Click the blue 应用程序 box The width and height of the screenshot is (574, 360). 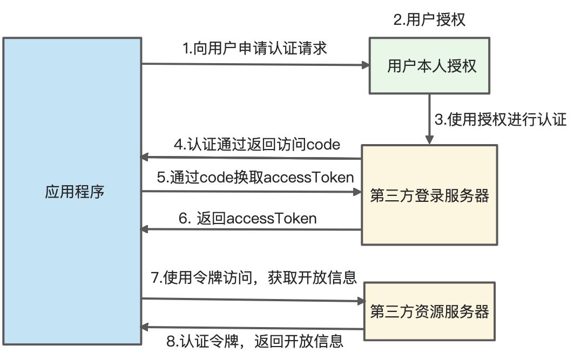pyautogui.click(x=72, y=191)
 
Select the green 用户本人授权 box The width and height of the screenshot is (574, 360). pyautogui.click(x=429, y=65)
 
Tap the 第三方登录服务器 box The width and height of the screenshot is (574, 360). pyautogui.click(x=429, y=195)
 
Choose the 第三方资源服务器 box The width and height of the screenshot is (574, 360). pyautogui.click(x=429, y=311)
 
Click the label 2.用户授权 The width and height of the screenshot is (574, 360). pyautogui.click(x=429, y=19)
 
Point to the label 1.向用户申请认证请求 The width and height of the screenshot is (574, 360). pyautogui.click(x=255, y=48)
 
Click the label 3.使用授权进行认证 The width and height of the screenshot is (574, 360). pyautogui.click(x=501, y=119)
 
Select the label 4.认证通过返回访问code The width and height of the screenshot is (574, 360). pyautogui.click(x=257, y=145)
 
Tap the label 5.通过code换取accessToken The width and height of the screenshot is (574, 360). pyautogui.click(x=255, y=178)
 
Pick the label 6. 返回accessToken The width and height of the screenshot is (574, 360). pyautogui.click(x=248, y=219)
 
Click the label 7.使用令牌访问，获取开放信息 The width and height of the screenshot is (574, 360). pyautogui.click(x=254, y=277)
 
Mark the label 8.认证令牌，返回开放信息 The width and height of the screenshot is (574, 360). pyautogui.click(x=255, y=341)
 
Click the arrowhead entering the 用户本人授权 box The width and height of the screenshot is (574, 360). pyautogui.click(x=366, y=65)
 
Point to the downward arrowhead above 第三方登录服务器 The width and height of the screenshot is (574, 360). pyautogui.click(x=429, y=140)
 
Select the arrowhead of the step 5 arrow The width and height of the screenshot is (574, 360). pyautogui.click(x=357, y=192)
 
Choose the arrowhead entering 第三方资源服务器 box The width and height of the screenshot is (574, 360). pyautogui.click(x=360, y=301)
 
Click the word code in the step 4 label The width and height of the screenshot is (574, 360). pyautogui.click(x=323, y=145)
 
